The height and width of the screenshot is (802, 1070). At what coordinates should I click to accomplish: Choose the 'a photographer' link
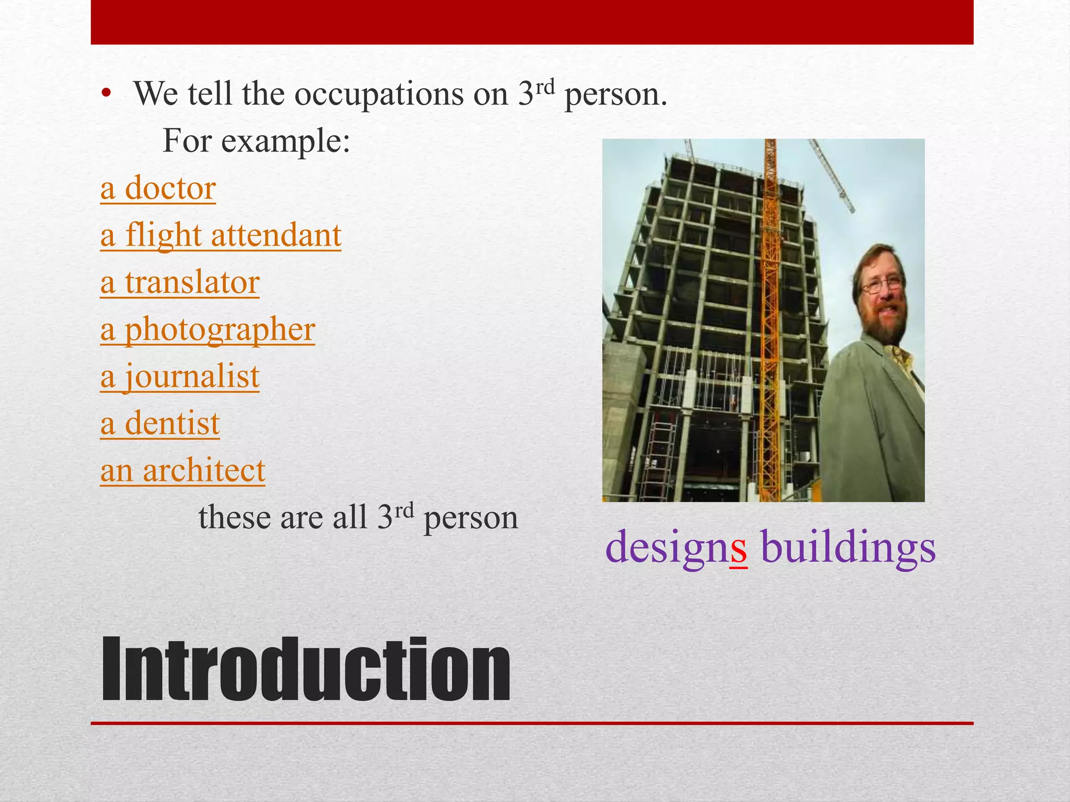[207, 330]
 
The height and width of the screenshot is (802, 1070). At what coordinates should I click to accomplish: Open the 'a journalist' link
[180, 376]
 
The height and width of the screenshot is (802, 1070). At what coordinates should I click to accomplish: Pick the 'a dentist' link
[160, 423]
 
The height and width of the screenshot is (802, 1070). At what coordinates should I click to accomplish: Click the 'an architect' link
[182, 470]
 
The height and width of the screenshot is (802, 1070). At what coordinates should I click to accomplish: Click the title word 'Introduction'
[306, 669]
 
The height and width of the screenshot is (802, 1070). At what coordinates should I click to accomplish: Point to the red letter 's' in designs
[738, 548]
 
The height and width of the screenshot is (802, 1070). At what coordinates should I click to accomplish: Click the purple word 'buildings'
[848, 547]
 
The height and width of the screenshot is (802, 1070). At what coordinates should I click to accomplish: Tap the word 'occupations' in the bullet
[379, 95]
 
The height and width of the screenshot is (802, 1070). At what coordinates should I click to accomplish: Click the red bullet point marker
[107, 94]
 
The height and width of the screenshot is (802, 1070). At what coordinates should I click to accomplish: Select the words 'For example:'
[256, 141]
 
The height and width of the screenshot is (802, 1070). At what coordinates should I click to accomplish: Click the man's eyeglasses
[881, 285]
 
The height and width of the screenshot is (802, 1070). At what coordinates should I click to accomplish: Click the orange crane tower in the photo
[769, 313]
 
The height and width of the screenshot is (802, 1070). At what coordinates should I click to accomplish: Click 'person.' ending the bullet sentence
[615, 95]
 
